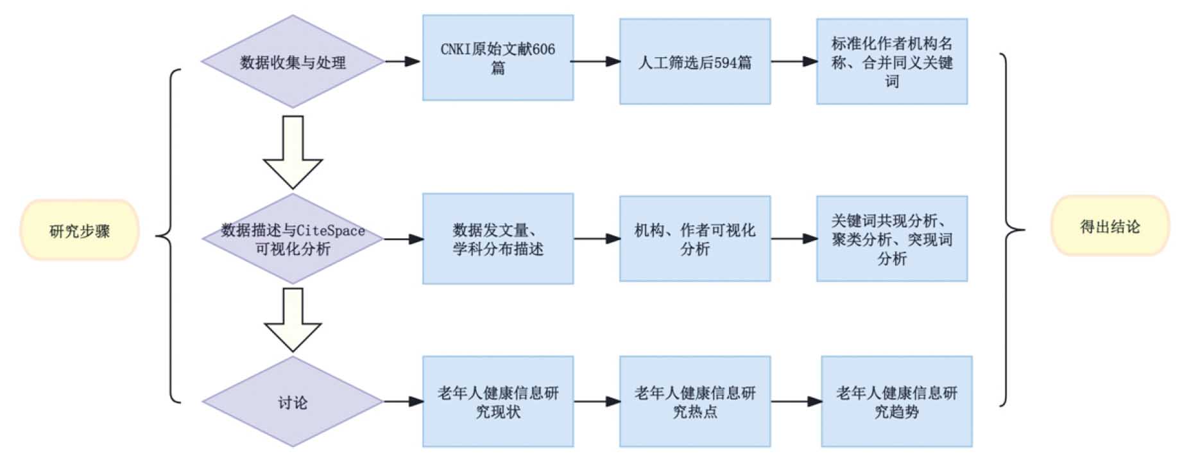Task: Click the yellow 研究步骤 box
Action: (80, 230)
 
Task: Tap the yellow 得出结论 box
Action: (1109, 226)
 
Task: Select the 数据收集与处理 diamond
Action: (293, 62)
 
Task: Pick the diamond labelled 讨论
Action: (293, 402)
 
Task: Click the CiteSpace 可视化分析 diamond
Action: (293, 239)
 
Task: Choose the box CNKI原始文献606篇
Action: (498, 58)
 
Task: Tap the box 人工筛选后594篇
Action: (695, 62)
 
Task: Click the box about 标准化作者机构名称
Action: (892, 62)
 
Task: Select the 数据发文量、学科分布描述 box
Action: (498, 239)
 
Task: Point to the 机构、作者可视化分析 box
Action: (695, 239)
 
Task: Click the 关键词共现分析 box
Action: (892, 239)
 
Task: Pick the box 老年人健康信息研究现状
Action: (498, 402)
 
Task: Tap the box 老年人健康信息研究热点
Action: (695, 402)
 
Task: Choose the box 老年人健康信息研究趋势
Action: (897, 402)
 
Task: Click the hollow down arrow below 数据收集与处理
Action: (293, 153)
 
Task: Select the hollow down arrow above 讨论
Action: (293, 320)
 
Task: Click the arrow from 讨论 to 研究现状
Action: (404, 402)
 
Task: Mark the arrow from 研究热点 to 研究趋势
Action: (796, 402)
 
